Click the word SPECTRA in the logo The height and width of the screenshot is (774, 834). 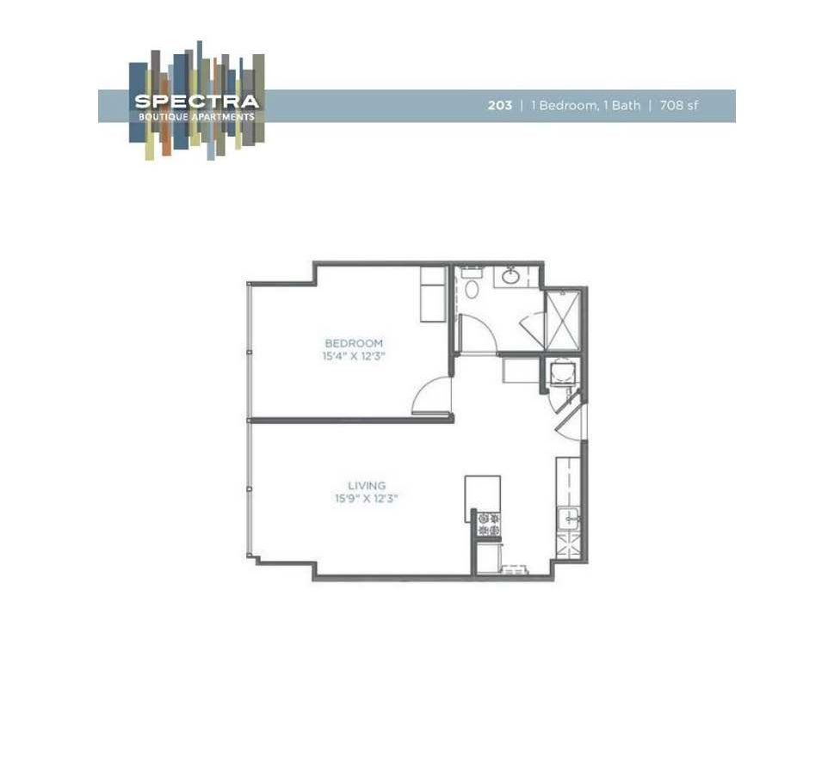coord(196,101)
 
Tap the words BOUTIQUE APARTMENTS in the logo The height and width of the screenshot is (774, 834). coord(196,117)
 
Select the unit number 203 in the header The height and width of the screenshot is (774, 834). coord(499,106)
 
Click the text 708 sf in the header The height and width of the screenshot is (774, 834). coord(678,106)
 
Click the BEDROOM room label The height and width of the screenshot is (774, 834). coord(354,343)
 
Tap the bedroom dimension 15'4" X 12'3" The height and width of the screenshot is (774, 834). coord(354,356)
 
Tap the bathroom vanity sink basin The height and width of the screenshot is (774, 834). coord(510,277)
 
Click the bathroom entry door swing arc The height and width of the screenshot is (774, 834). coord(475,331)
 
